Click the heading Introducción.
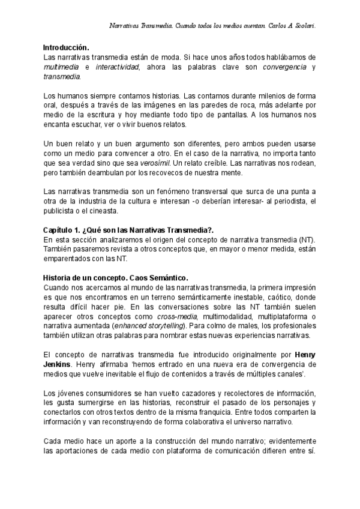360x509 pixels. (x=67, y=47)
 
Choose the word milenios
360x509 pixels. (x=278, y=95)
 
